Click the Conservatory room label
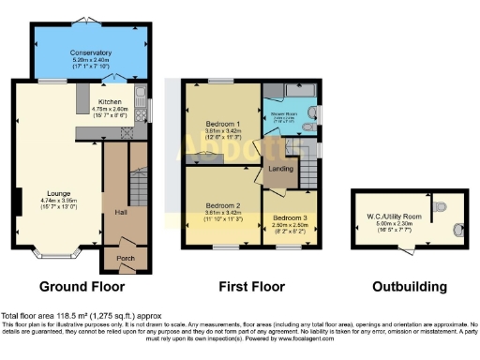click(91, 52)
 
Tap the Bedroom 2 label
click(223, 204)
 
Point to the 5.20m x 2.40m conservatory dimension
click(91, 60)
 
